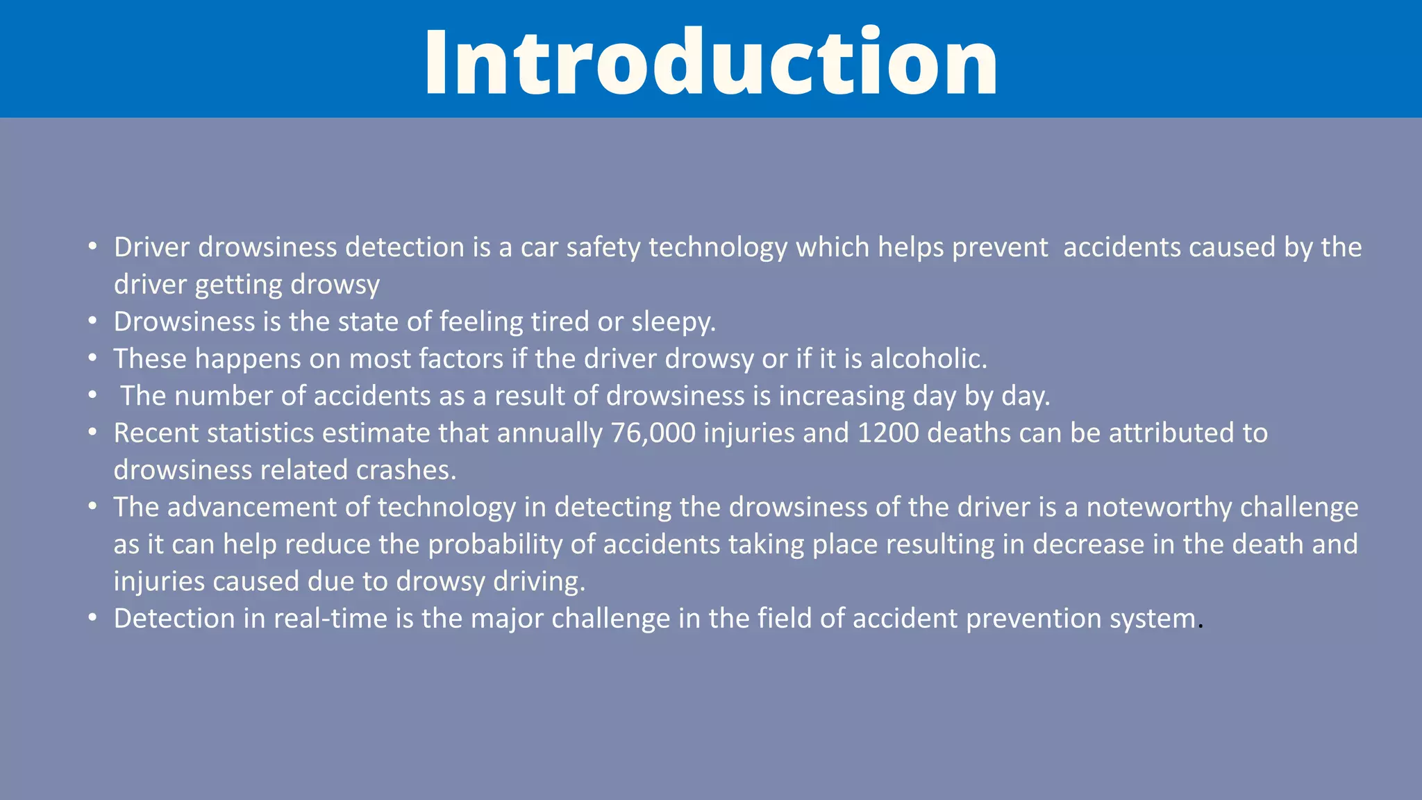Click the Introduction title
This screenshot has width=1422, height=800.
711,62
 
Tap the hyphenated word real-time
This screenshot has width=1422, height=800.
331,619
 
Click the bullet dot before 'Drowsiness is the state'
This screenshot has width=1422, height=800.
92,321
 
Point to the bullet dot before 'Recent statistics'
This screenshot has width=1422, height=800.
92,432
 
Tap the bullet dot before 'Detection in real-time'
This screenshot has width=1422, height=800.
92,617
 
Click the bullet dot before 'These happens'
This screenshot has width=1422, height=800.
92,358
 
